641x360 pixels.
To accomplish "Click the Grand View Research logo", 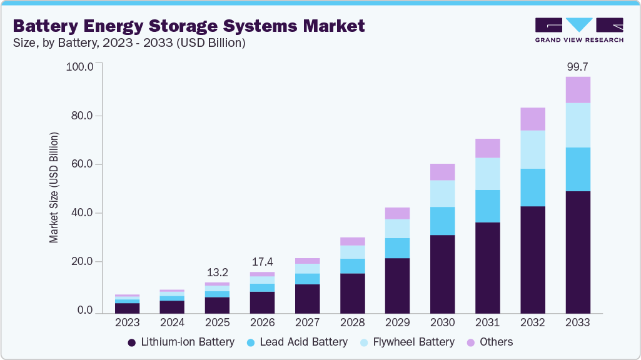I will click(578, 30).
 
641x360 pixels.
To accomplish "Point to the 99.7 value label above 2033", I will click(577, 66).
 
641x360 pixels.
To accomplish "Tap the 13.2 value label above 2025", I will click(217, 272).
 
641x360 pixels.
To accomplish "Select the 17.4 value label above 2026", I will click(262, 262).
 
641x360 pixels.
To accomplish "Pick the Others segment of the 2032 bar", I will click(533, 119).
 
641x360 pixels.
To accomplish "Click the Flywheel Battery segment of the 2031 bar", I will click(488, 174).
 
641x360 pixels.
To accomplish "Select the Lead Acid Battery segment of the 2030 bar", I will click(443, 221).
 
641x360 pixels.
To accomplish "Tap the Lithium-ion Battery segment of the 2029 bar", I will click(397, 286).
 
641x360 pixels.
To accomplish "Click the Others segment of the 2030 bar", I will click(443, 172).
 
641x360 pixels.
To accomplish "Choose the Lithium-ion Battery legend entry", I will click(181, 342).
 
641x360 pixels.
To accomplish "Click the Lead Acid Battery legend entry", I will click(297, 342).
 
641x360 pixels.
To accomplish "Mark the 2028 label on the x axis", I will click(352, 323).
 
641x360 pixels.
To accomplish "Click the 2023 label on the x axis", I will click(127, 323).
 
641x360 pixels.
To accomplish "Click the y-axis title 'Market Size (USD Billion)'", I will click(54, 187).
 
